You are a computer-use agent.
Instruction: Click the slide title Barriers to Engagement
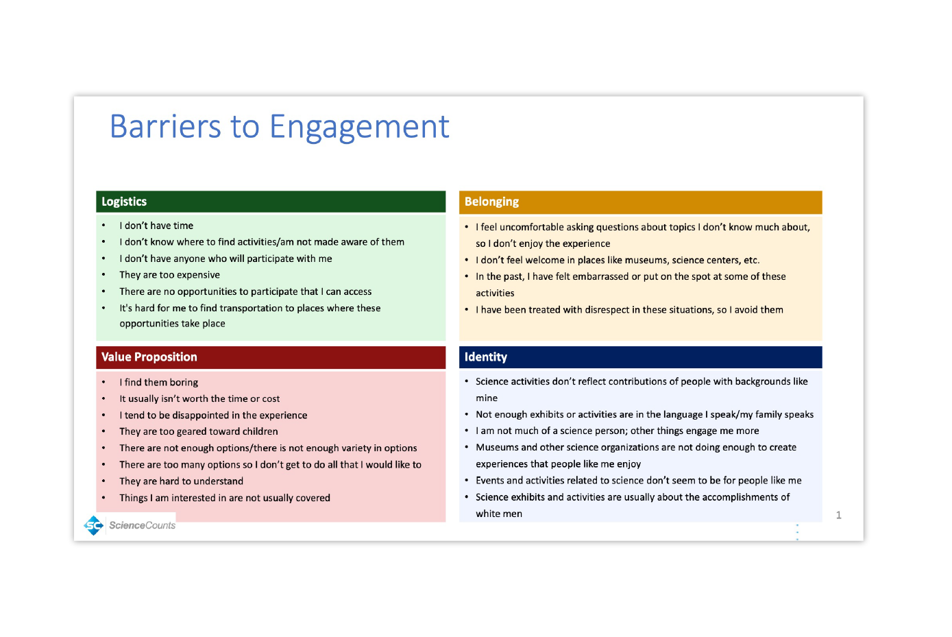coord(279,127)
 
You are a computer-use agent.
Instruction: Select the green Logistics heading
coord(124,202)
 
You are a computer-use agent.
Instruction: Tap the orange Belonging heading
coord(491,202)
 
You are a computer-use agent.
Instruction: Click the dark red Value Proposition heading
coord(149,357)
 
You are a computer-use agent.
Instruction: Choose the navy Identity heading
coord(485,357)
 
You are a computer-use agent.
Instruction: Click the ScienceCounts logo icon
coord(93,525)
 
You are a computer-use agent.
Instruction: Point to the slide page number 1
coord(838,515)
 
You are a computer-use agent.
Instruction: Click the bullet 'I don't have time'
coord(156,226)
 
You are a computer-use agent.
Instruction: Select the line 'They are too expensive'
coord(169,275)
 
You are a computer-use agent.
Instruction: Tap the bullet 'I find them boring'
coord(158,383)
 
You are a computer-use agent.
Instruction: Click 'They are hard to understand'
coord(181,481)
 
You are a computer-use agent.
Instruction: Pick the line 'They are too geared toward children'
coord(198,432)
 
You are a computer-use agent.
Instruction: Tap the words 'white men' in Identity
coord(499,514)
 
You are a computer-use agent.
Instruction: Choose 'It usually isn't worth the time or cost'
coord(199,399)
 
